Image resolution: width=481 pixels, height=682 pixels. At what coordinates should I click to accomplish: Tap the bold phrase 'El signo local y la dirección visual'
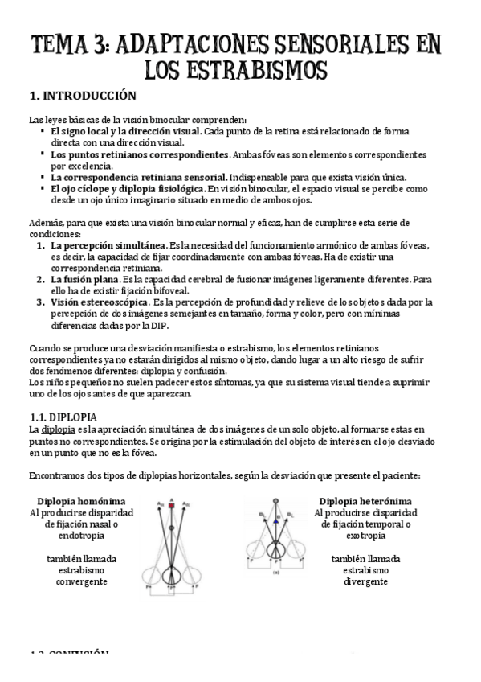tap(125, 129)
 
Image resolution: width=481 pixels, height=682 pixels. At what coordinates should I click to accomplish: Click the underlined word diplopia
tap(59, 429)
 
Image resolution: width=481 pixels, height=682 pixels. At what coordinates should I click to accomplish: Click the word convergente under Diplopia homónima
tap(82, 581)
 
